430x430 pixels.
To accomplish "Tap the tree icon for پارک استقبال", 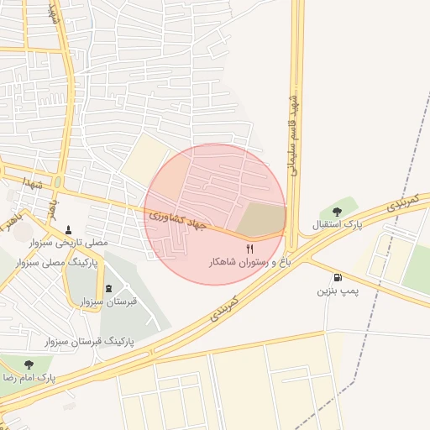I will point(337,212).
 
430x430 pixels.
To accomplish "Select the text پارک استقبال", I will point(336,225).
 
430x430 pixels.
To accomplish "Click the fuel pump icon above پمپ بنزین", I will point(338,277).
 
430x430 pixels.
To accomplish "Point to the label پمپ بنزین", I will point(337,291).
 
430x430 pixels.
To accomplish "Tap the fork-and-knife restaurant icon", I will point(249,249).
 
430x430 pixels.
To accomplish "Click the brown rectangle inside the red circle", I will point(260,219).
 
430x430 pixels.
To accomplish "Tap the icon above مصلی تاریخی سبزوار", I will point(69,228).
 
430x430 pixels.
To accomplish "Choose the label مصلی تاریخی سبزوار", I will point(69,242).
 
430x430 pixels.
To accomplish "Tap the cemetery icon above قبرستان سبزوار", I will point(107,287).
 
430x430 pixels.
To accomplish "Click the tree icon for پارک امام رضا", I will point(29,364).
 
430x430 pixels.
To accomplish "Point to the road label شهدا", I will point(34,181).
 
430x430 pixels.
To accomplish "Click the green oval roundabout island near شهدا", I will point(57,182).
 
